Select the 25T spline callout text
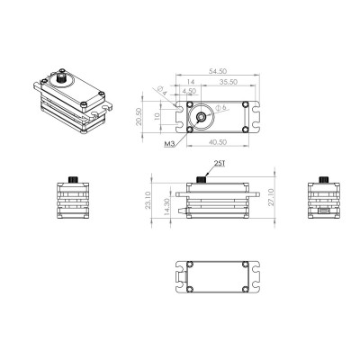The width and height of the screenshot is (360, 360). [220, 164]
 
